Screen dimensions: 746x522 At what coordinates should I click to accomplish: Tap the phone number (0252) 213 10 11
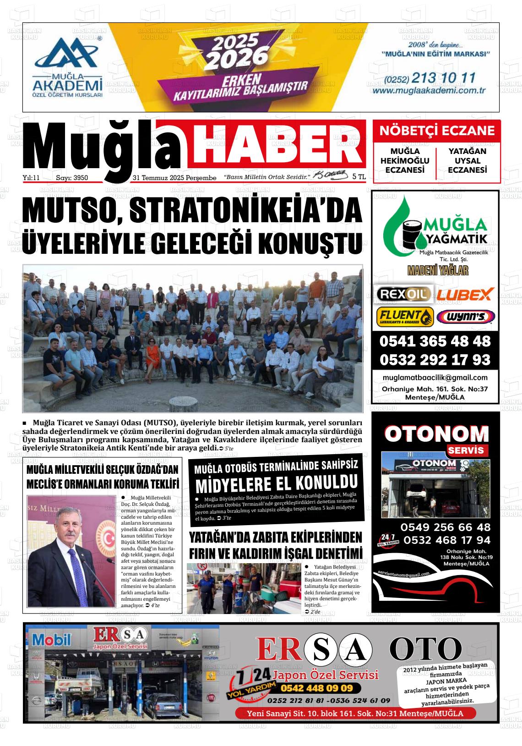coord(424,78)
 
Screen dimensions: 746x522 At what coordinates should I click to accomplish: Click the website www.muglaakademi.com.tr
coord(429,91)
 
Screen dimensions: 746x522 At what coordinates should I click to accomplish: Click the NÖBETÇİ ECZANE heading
coord(437,131)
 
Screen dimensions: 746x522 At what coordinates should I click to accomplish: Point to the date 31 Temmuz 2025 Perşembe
coord(174,177)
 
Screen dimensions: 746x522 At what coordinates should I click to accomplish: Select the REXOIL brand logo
coord(403,293)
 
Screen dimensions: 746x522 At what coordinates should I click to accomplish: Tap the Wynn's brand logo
coord(465,316)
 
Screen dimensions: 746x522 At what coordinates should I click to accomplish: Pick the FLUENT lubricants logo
coord(405,316)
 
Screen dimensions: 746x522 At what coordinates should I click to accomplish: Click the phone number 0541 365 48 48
coord(435,341)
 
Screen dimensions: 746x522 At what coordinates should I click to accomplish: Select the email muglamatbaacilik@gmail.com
coord(435,378)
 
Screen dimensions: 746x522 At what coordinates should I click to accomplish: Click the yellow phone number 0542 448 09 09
coord(316,688)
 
